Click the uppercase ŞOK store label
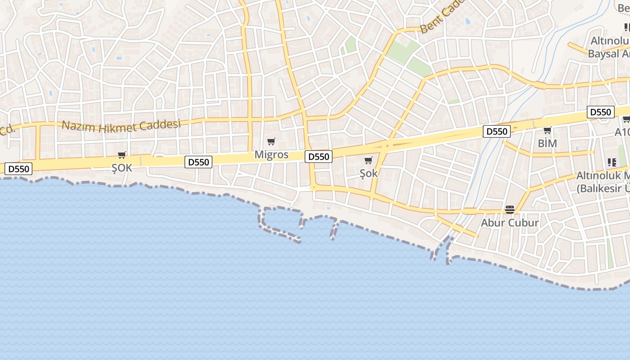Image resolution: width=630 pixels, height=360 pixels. tap(122, 168)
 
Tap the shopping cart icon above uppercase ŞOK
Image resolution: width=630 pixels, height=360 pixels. tap(121, 155)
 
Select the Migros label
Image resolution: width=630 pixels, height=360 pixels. tap(271, 155)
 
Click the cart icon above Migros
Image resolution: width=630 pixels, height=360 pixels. tap(271, 142)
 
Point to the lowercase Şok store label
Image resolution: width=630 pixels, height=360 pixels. tap(369, 173)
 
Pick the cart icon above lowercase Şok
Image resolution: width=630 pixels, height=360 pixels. tap(369, 161)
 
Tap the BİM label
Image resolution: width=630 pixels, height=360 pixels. tap(547, 144)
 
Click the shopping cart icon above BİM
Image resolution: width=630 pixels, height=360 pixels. tap(547, 130)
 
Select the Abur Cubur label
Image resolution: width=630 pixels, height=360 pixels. tap(510, 223)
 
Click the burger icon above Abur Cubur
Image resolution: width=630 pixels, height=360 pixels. tap(510, 209)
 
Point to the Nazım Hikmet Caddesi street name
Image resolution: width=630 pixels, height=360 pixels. tap(121, 126)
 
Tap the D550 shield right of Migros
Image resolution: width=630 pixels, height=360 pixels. tap(319, 157)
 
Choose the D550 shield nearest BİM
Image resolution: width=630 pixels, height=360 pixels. tap(497, 131)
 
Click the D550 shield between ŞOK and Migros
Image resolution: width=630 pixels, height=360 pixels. tap(198, 162)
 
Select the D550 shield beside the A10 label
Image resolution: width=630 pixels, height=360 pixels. tap(600, 112)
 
